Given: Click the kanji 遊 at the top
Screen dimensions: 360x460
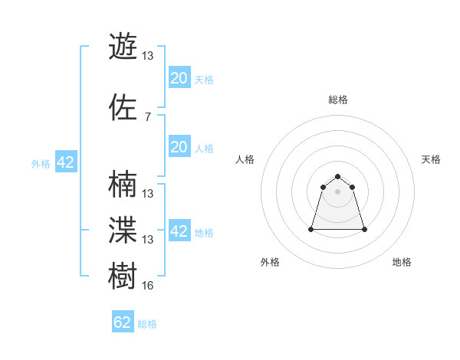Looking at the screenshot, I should [x=123, y=47].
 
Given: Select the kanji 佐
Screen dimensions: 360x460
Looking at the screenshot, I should [x=123, y=107].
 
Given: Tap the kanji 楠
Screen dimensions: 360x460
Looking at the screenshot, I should [x=123, y=185].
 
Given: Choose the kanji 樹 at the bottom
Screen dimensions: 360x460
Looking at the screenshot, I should [x=123, y=277].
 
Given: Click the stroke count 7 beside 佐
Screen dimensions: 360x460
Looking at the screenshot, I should [x=147, y=116].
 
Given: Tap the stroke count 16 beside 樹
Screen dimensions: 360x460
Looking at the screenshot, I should [x=148, y=286].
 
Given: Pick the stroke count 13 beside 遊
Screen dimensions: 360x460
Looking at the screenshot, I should [x=148, y=56].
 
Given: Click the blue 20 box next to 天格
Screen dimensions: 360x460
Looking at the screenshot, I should [x=179, y=78].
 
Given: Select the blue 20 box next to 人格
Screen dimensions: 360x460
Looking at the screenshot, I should [x=179, y=147].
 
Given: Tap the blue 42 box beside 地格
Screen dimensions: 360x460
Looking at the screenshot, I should [x=179, y=231].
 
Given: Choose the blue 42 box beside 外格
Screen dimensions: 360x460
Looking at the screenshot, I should [x=65, y=162].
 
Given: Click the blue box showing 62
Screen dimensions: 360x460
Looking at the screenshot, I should [x=123, y=322].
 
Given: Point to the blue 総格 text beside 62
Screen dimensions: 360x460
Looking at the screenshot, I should [x=147, y=324].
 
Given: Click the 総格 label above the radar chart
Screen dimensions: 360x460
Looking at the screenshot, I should [x=337, y=100].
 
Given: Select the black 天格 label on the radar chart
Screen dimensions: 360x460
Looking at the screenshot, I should [x=431, y=159].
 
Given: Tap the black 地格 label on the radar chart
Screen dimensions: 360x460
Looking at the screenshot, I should [x=402, y=262].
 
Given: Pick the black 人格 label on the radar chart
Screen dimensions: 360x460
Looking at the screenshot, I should [x=245, y=159].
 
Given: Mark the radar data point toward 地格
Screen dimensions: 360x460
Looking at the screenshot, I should [x=364, y=229].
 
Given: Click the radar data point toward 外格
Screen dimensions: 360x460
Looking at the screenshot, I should [x=311, y=229].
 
